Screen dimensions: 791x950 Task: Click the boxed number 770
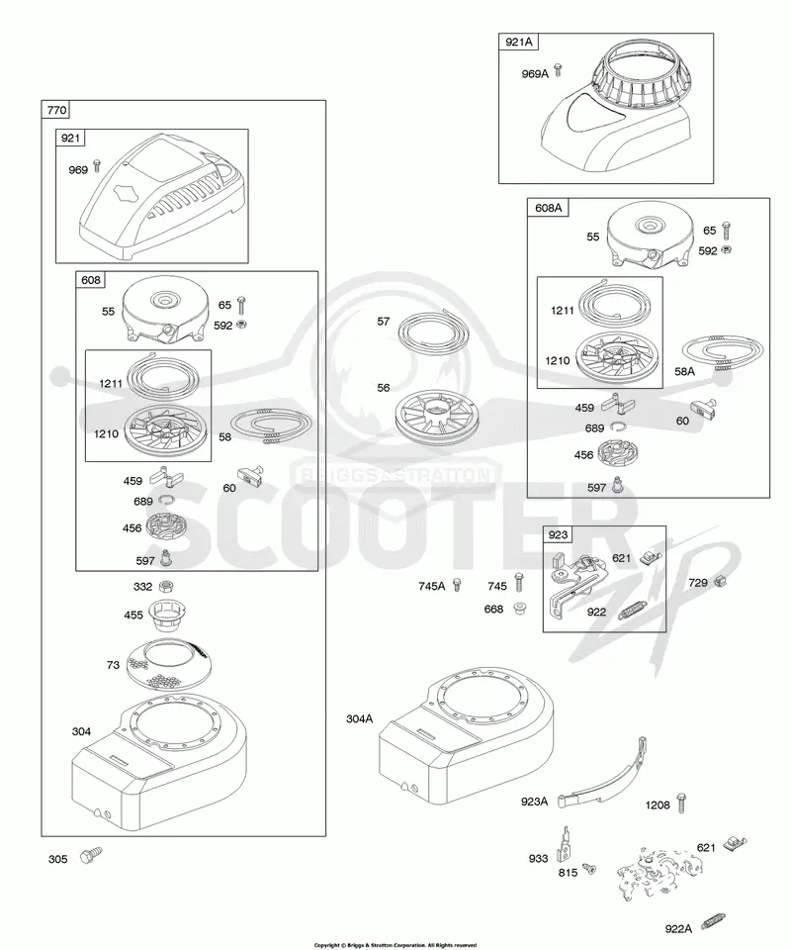tap(56, 110)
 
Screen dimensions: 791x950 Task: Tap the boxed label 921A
tap(519, 42)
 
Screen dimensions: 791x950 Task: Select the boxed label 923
tap(558, 534)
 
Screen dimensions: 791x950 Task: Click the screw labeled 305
tap(91, 855)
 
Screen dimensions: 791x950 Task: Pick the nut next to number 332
tap(164, 586)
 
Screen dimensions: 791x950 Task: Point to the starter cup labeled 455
tap(165, 615)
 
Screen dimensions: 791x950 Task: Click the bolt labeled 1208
tap(681, 802)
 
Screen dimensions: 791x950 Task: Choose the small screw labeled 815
tap(587, 870)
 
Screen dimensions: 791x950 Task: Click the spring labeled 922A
tap(713, 922)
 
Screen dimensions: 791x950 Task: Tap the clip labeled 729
tap(719, 582)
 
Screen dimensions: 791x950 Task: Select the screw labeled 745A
tap(457, 585)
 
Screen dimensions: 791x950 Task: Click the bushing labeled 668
tap(518, 608)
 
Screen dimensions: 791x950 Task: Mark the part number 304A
tap(360, 718)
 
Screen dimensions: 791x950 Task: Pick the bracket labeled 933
tap(566, 843)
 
